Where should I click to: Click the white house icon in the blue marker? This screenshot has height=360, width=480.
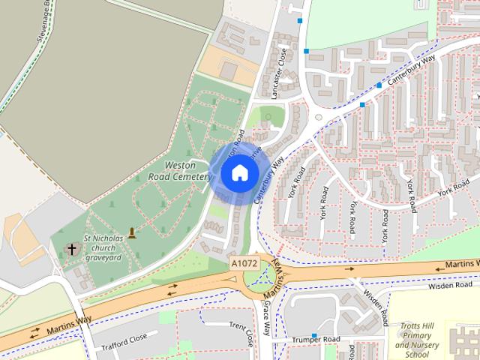[239, 172]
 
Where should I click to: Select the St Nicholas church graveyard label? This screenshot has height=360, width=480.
[102, 250]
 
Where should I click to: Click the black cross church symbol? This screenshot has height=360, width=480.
[73, 248]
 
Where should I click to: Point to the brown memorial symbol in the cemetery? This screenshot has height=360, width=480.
[133, 233]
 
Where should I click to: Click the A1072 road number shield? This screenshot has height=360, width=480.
[244, 264]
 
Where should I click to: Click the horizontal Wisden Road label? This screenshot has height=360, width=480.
[450, 286]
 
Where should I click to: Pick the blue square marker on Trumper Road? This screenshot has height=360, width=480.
[313, 334]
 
